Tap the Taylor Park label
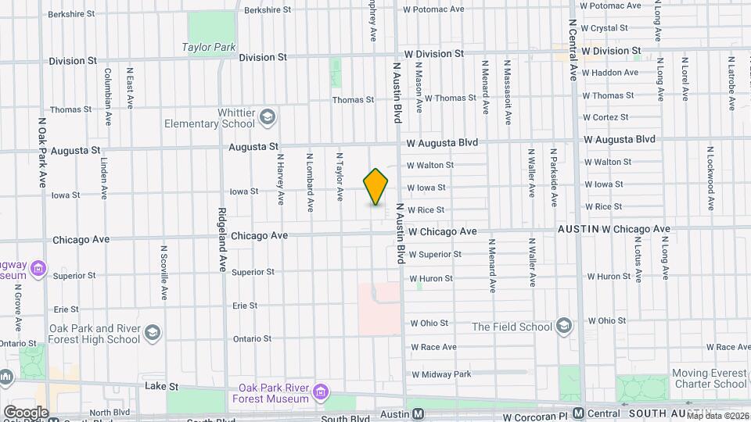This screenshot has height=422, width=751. (x=209, y=47)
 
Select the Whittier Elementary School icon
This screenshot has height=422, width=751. (x=268, y=117)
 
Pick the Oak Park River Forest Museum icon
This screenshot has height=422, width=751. (x=319, y=392)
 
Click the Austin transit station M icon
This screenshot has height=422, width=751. (x=419, y=413)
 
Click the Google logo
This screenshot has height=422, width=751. (x=25, y=412)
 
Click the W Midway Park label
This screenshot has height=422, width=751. (x=441, y=374)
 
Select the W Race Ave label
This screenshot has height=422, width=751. (x=433, y=347)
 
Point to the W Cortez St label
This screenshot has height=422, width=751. (x=605, y=117)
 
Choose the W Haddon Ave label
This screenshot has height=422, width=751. (x=609, y=73)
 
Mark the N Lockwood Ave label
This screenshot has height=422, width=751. (x=710, y=178)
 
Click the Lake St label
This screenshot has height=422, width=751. (x=162, y=386)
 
